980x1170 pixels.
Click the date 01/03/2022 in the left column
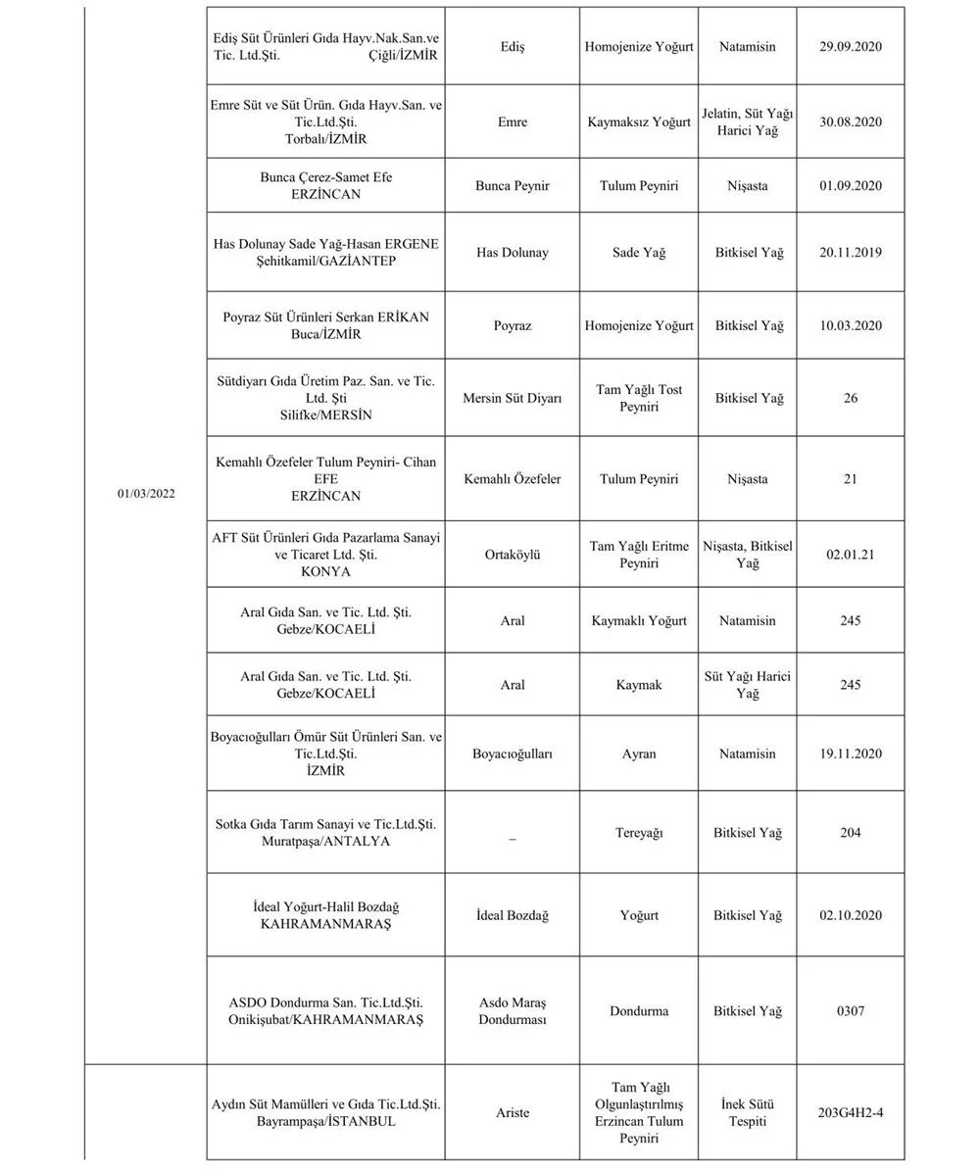coord(145,494)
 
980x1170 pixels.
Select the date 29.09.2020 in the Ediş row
coord(851,47)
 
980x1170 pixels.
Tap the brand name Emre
coord(512,122)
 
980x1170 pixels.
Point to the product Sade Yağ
coord(639,253)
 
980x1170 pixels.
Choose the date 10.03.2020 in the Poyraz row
coord(851,325)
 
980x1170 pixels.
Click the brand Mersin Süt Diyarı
coord(512,399)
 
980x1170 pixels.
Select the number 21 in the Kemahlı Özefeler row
coord(850,479)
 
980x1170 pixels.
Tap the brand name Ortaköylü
coord(512,555)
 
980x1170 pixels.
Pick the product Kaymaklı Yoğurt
coord(639,621)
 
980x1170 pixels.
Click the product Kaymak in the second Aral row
coord(639,685)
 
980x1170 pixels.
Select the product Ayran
coord(639,754)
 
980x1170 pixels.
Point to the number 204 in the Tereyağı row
coord(850,833)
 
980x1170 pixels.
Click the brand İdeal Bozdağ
coord(512,915)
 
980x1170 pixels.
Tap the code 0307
coord(850,1011)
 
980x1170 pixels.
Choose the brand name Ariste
coord(512,1113)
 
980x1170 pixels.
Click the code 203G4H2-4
coord(850,1113)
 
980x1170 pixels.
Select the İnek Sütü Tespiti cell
coord(748,1113)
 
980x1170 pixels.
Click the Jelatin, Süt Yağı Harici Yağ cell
coord(748,122)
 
